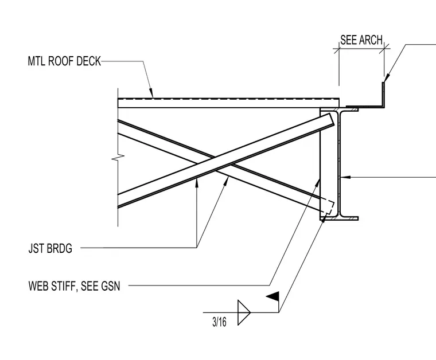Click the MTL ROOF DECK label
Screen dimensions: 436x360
coord(64,61)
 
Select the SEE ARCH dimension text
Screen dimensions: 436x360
coord(361,40)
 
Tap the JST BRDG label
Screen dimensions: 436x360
coord(50,248)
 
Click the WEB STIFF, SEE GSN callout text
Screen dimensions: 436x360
coord(74,286)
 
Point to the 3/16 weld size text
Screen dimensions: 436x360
coord(219,322)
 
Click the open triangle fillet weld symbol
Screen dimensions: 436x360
coord(244,312)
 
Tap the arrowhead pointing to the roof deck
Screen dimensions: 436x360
coord(151,93)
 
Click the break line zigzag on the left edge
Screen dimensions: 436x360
coord(118,158)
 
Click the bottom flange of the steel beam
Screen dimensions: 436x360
coord(339,218)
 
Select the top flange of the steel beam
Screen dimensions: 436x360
coord(339,109)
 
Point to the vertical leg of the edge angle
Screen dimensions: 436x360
coord(383,95)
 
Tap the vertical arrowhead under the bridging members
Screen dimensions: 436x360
coord(197,182)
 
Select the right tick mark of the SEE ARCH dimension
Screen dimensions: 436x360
coord(384,49)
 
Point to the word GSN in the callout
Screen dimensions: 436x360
coord(110,286)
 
